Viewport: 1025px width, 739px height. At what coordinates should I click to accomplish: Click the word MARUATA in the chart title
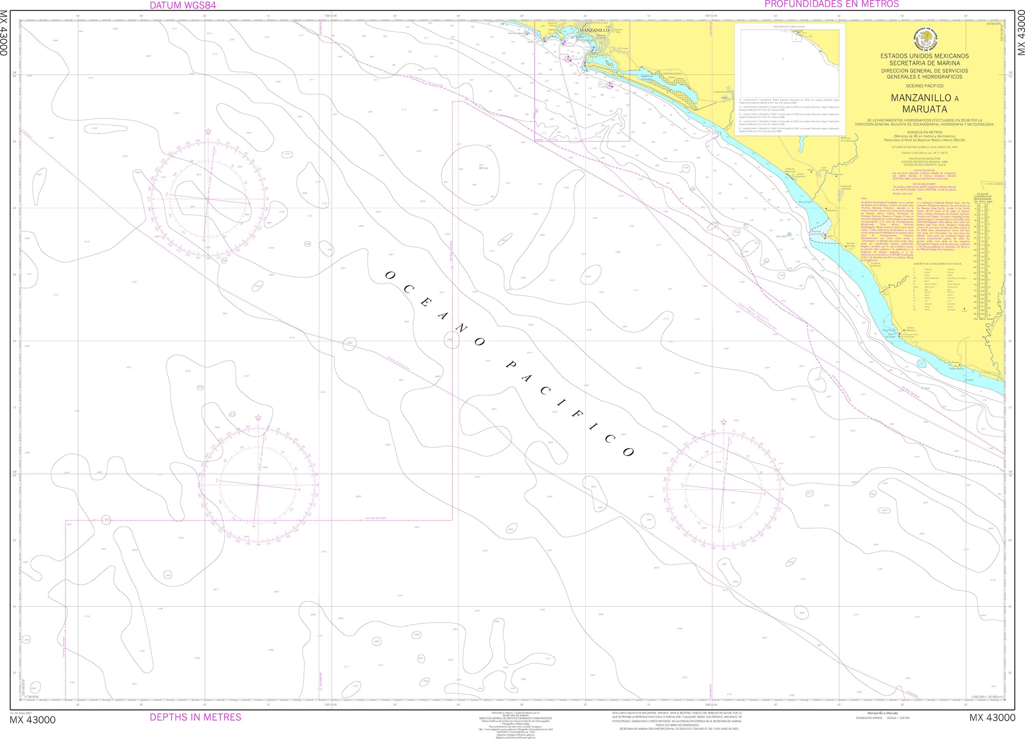tap(925, 109)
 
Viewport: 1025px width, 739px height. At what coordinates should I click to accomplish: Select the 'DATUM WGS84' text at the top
tap(182, 5)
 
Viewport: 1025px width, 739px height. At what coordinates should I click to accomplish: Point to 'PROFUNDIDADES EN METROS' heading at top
tap(831, 4)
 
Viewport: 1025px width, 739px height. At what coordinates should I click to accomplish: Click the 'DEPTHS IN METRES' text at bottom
tap(195, 717)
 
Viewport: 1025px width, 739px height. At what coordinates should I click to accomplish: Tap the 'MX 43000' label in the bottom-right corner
tap(992, 718)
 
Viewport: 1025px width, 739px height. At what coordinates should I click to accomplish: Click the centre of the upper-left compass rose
tap(208, 198)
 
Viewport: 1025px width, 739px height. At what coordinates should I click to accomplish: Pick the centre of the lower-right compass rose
tap(723, 489)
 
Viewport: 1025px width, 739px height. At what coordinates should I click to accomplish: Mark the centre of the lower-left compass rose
tap(258, 485)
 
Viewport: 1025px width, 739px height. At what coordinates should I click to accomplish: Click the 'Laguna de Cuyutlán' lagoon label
tap(647, 77)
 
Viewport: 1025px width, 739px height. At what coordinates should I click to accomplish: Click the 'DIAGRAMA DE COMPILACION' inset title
tap(789, 27)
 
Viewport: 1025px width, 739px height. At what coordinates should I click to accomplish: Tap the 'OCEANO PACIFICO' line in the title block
tap(924, 86)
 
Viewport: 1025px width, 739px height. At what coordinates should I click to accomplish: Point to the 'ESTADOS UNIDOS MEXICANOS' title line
tap(925, 56)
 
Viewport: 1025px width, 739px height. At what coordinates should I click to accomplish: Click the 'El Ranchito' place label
tap(831, 210)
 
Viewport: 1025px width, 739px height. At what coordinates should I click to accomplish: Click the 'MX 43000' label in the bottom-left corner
tap(32, 720)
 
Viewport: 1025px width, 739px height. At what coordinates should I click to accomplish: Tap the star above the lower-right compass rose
tap(723, 422)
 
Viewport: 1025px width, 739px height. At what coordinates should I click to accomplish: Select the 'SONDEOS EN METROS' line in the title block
tap(924, 132)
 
